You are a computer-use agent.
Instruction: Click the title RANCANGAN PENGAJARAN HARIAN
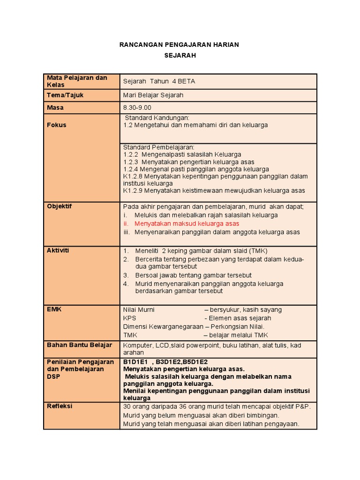point(180,45)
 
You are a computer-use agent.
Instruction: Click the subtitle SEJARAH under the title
point(180,55)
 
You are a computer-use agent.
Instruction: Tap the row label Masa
point(55,108)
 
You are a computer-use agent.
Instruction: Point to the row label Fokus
point(57,125)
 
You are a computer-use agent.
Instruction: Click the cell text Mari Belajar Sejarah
point(153,95)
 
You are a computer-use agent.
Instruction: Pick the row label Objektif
point(60,206)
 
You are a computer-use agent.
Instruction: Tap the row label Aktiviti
point(58,250)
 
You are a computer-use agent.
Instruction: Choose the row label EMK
point(54,309)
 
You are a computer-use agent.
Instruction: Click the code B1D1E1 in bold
point(135,362)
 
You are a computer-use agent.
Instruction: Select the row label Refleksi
point(60,406)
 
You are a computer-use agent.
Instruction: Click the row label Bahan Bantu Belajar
point(80,345)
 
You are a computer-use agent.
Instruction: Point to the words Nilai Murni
point(139,310)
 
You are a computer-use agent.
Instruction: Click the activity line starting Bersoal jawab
point(193,275)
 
